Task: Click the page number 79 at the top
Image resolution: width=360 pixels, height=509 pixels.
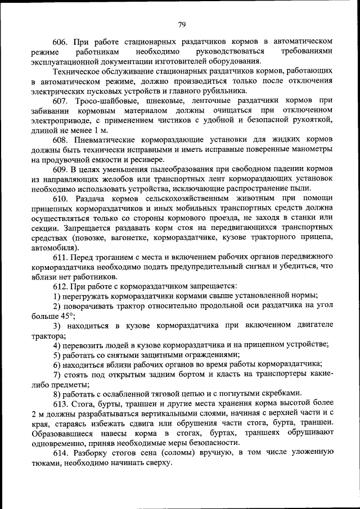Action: point(182,24)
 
